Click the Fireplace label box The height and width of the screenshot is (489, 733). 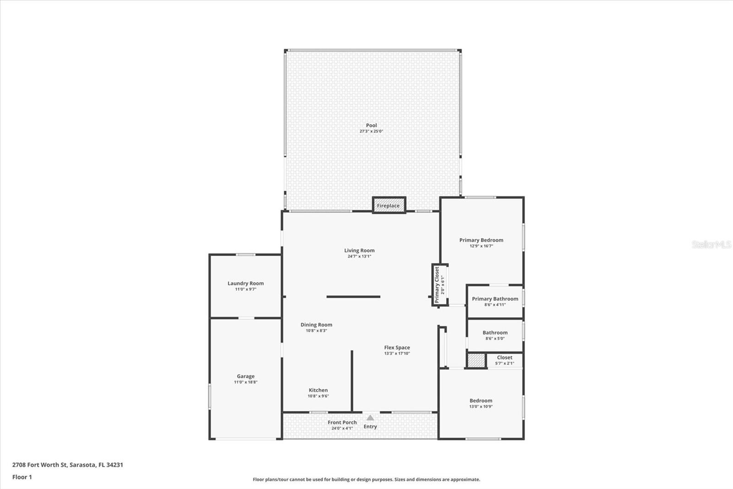click(x=389, y=205)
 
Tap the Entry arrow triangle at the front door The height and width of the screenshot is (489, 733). click(x=370, y=417)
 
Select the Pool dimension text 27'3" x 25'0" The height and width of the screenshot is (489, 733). click(x=372, y=131)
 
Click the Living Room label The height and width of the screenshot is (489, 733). click(x=359, y=250)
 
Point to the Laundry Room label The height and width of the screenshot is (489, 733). click(x=246, y=283)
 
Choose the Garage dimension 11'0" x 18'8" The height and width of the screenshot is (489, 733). click(x=246, y=382)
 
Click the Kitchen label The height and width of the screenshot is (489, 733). click(x=318, y=390)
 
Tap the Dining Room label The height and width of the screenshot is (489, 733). click(x=317, y=324)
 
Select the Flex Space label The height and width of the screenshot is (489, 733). click(x=397, y=347)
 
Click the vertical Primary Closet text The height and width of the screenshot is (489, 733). click(x=437, y=285)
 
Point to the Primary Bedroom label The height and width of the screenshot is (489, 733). click(x=481, y=240)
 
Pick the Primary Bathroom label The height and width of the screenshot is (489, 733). click(x=495, y=299)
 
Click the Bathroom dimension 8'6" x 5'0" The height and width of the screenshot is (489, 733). click(x=495, y=338)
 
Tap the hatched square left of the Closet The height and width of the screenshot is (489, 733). click(x=476, y=361)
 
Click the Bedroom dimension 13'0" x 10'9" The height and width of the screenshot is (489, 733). click(x=481, y=406)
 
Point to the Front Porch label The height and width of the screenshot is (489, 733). click(x=342, y=422)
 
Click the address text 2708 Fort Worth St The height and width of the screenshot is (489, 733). click(x=39, y=464)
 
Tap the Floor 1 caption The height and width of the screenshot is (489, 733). click(x=22, y=477)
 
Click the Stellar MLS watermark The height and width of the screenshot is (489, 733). click(x=711, y=244)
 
